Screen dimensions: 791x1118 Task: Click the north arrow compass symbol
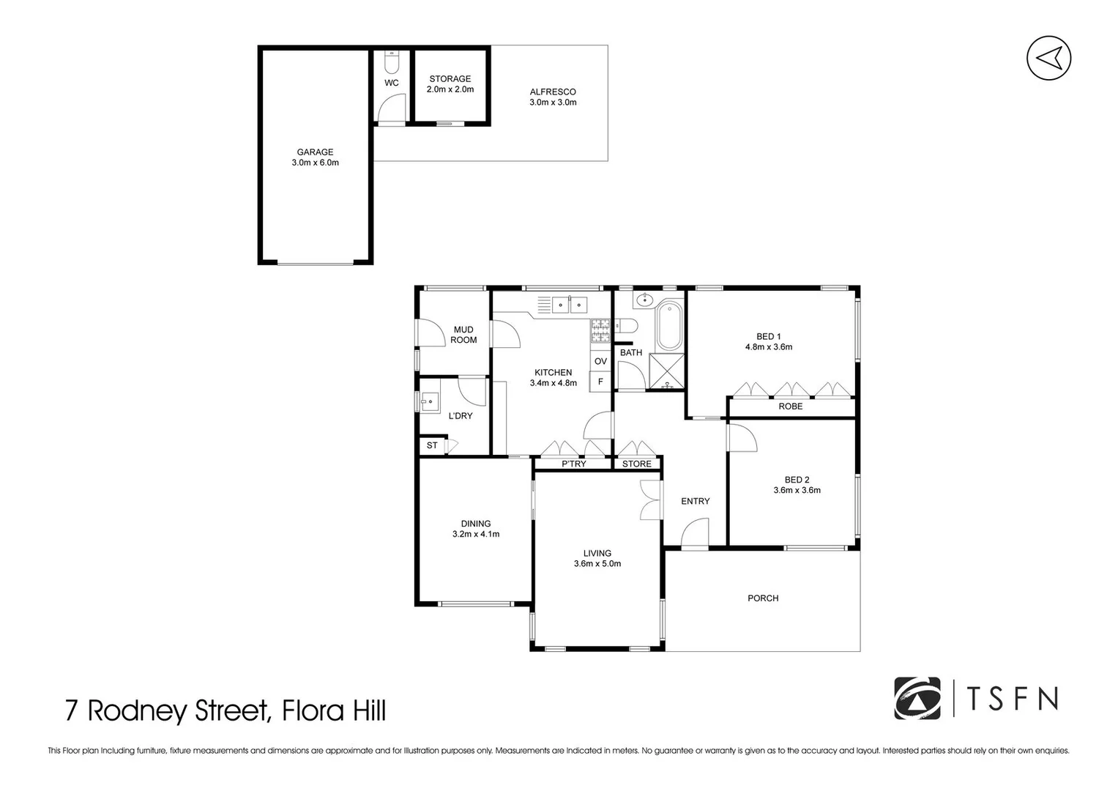coord(1048,58)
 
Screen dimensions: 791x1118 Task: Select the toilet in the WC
coord(392,56)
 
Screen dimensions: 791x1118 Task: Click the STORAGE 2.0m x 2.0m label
coord(450,84)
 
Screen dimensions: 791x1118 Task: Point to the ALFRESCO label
coord(553,92)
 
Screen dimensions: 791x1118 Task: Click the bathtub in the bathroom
coord(668,326)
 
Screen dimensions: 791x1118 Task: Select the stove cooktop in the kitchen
coord(600,331)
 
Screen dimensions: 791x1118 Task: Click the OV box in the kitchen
coord(600,362)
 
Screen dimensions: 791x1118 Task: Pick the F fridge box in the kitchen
coord(600,382)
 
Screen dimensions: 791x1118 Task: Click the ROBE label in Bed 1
coord(790,406)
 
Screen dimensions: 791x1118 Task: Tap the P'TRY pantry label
coord(573,464)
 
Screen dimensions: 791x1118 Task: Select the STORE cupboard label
coord(636,464)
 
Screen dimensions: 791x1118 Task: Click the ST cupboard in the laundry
coord(432,445)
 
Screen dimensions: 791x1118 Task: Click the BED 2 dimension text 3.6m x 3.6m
coord(797,491)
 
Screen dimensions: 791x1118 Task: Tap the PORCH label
coord(762,598)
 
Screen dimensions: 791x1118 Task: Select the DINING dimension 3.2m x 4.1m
coord(476,535)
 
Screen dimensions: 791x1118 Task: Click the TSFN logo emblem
coord(917,699)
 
